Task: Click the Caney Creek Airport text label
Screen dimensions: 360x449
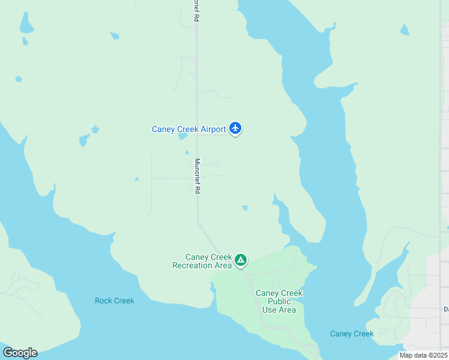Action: [188, 129]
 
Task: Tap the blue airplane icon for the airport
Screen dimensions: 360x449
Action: [235, 128]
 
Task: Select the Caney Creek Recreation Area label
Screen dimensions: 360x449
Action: [202, 261]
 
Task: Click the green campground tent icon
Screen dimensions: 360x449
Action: [240, 260]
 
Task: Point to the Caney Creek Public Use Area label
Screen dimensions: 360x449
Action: [279, 301]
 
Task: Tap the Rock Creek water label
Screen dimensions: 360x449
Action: [115, 301]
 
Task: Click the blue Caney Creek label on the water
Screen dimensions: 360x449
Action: [352, 334]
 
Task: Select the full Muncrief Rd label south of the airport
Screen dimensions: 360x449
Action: [197, 176]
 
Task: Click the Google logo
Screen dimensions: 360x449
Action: [20, 353]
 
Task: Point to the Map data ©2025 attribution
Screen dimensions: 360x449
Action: [424, 355]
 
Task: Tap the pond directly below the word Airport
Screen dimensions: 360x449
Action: [182, 136]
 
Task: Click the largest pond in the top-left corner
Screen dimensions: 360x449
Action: [26, 24]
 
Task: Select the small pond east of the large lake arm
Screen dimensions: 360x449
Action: [405, 30]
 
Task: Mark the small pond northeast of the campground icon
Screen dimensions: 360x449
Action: [245, 208]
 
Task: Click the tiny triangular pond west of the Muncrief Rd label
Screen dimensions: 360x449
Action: [137, 178]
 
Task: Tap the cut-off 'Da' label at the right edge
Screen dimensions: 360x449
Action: [446, 309]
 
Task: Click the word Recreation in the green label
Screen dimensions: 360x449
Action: [202, 265]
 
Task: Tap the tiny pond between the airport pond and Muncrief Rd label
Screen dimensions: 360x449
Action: [187, 152]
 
